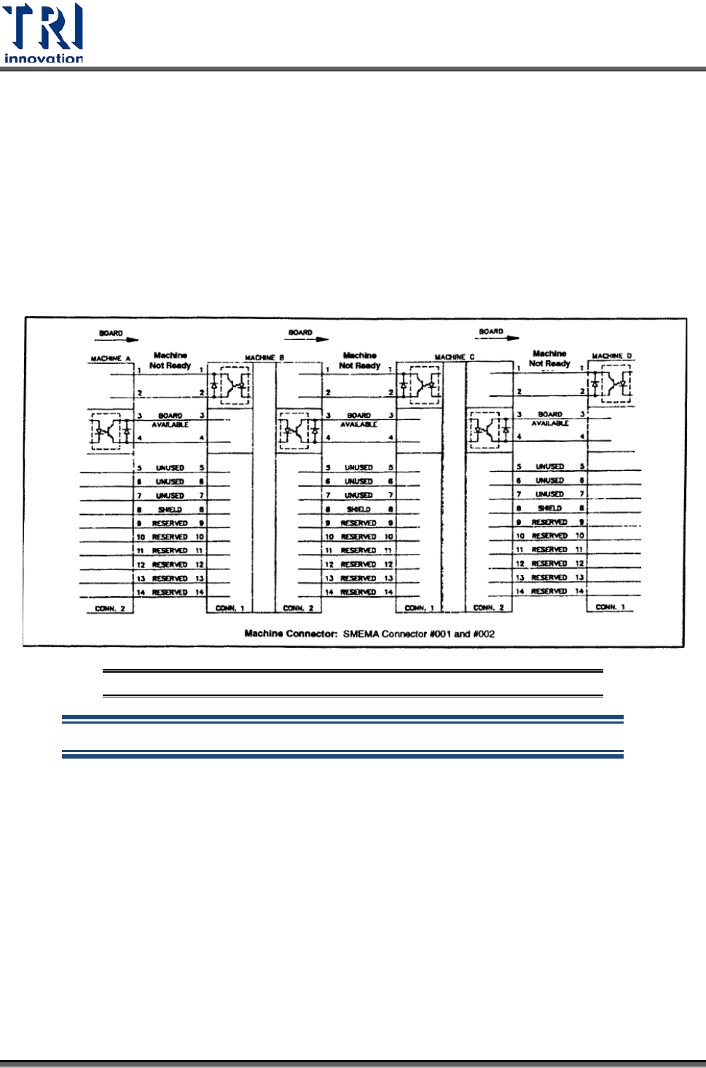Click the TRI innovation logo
coord(44,33)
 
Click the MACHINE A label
coord(110,359)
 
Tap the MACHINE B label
coord(264,357)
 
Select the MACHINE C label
coord(454,357)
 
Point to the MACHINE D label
coord(611,356)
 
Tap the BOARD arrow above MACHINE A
coord(117,336)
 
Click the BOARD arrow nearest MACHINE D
coord(498,334)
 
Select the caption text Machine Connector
coord(291,634)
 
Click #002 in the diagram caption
coord(484,634)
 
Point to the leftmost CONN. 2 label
coord(110,609)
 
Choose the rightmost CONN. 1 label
coord(610,607)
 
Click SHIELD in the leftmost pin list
coord(170,510)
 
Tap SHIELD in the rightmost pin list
coord(549,508)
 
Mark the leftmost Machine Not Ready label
coord(170,360)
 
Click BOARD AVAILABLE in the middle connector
coord(358,420)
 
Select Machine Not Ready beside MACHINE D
coord(549,358)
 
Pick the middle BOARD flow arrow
coord(307,335)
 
